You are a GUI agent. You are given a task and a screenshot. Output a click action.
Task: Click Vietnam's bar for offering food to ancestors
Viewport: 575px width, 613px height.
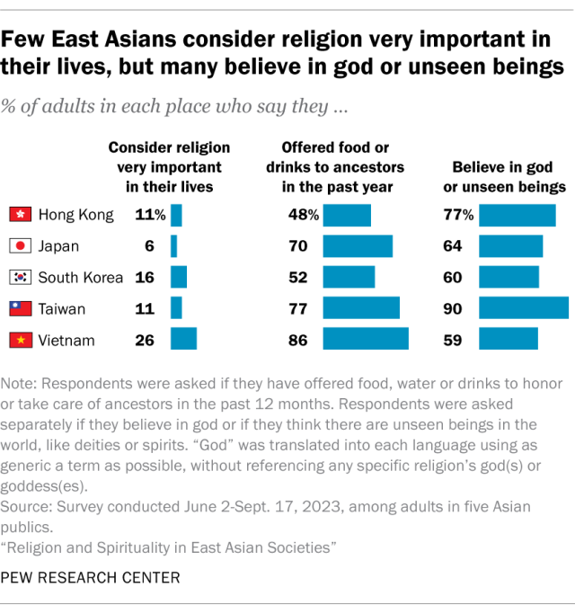[x=366, y=339]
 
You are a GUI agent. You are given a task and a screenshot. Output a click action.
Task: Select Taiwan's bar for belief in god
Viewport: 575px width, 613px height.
[x=523, y=308]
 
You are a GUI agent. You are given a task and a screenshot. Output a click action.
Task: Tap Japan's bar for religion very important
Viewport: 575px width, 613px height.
[x=173, y=246]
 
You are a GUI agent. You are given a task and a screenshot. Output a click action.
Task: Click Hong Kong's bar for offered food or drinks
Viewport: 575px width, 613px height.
[x=347, y=215]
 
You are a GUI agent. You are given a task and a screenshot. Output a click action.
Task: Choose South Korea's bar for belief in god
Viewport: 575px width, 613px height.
[x=509, y=277]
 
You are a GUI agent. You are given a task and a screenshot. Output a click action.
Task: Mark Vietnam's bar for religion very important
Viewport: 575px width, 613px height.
[x=183, y=339]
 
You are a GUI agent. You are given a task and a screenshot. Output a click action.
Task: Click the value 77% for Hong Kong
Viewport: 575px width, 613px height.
[x=463, y=215]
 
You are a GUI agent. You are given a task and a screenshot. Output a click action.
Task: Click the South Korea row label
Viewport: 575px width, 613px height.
[x=80, y=277]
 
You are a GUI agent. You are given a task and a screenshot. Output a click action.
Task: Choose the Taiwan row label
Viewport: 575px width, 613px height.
[x=62, y=308]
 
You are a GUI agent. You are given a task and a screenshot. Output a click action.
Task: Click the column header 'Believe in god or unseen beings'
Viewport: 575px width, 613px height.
[x=509, y=178]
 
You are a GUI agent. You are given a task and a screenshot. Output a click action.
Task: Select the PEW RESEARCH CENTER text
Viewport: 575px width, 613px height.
[x=90, y=577]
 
